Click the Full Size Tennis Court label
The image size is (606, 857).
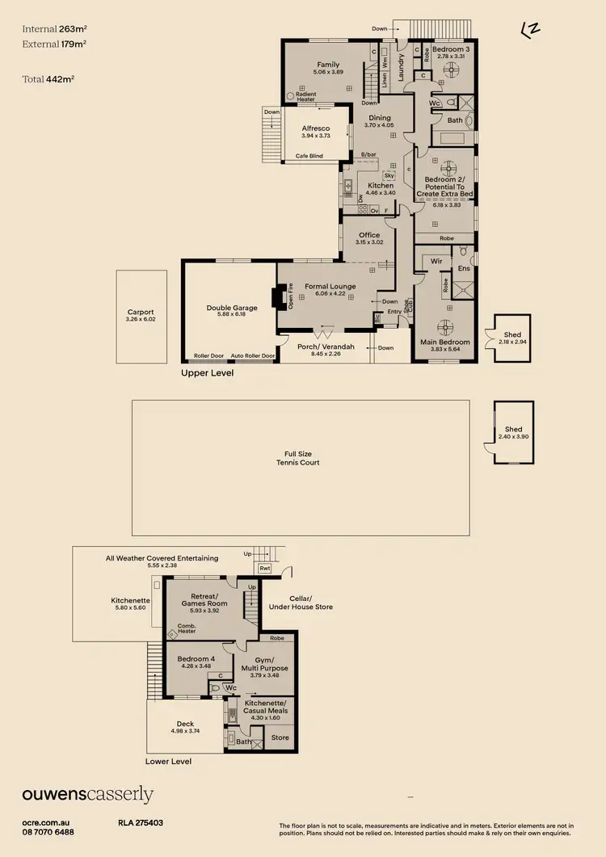coord(298,459)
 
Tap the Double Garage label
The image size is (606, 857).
coord(232,308)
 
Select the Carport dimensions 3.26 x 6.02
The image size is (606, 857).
coord(140,320)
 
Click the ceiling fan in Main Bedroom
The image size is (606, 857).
coord(444,327)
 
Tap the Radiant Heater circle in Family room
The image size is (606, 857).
coord(290,95)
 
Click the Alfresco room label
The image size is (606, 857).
coord(315,128)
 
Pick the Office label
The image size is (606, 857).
coord(369,235)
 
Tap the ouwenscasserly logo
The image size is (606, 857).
coord(87,795)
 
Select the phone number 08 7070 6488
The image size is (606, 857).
coord(48,831)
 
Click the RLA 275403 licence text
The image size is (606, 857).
coord(141,822)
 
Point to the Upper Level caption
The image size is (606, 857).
coord(208,373)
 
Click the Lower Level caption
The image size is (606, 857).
coord(169,761)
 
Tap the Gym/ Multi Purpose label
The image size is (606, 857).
coord(265,665)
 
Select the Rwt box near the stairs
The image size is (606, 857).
coord(264,569)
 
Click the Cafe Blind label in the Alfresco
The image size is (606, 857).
coord(309,156)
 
